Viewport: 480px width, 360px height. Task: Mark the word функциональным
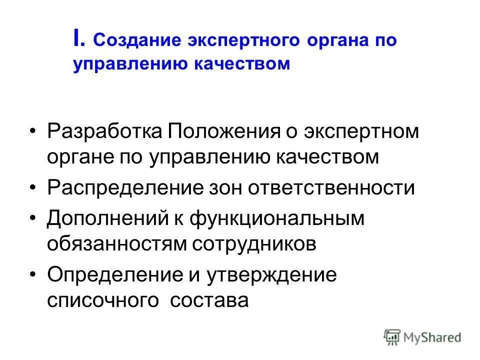283,219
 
